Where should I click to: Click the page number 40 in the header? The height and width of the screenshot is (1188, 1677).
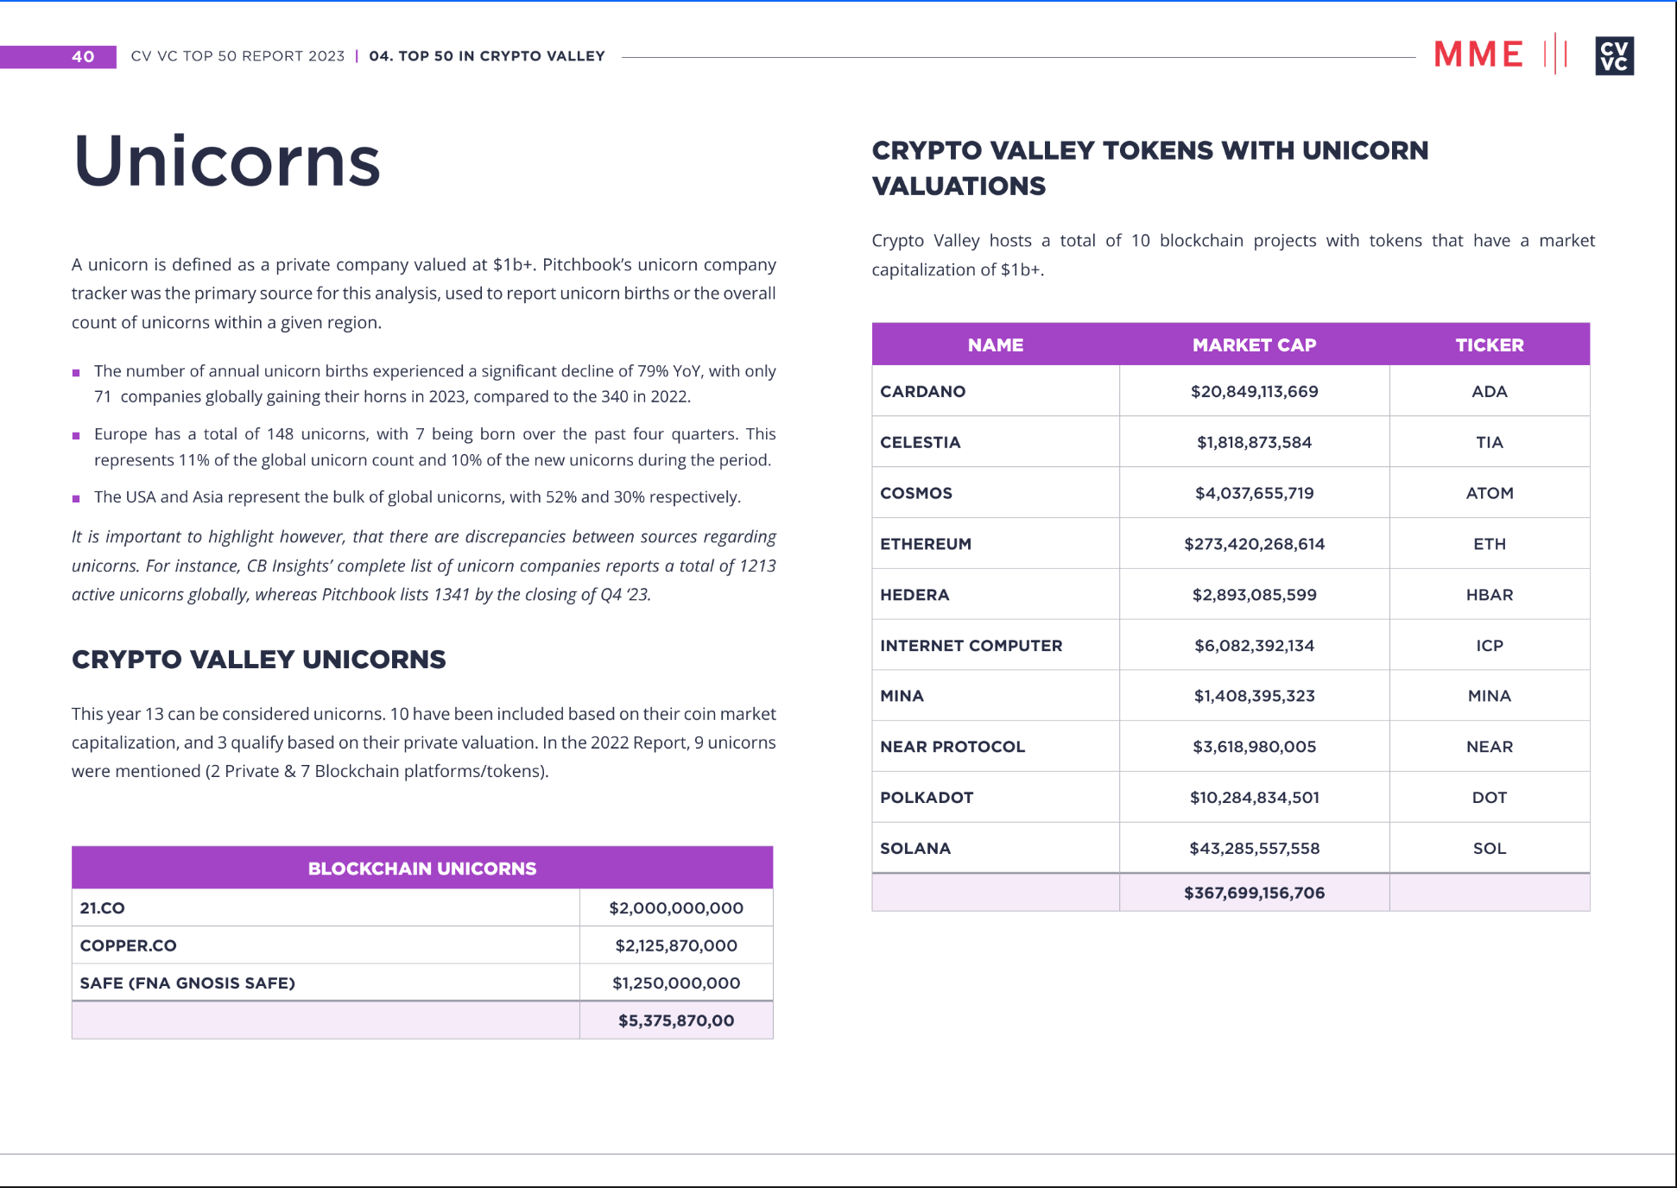[83, 57]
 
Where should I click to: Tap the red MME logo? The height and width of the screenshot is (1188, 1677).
[1478, 54]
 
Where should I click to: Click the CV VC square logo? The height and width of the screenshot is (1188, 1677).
[1614, 56]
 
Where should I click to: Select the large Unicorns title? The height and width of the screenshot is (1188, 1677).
[227, 161]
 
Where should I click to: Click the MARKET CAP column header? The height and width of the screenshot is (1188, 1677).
[1254, 345]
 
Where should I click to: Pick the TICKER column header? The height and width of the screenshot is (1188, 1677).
[1489, 345]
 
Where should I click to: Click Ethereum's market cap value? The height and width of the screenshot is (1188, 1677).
[1254, 544]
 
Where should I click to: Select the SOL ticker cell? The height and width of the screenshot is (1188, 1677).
[1489, 849]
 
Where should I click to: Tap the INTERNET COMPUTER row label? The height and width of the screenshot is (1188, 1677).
[971, 646]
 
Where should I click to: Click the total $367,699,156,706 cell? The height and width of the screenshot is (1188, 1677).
[1254, 893]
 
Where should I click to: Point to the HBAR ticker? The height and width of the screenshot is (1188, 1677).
[1489, 595]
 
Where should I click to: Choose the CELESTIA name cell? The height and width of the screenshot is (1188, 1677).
[920, 443]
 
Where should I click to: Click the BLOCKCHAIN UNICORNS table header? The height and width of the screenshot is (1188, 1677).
[422, 869]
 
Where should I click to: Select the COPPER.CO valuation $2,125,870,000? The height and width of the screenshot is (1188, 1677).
[676, 945]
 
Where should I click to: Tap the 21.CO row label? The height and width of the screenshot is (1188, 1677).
[103, 908]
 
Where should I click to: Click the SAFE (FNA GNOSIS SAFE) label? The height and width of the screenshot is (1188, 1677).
[187, 983]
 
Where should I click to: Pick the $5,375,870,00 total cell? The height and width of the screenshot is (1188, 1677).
[676, 1021]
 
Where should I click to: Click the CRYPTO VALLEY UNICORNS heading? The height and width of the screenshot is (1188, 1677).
[259, 660]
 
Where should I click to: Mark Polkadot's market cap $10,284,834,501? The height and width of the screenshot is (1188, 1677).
[1254, 798]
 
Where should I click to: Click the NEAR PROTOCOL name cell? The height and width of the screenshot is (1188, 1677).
[952, 747]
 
